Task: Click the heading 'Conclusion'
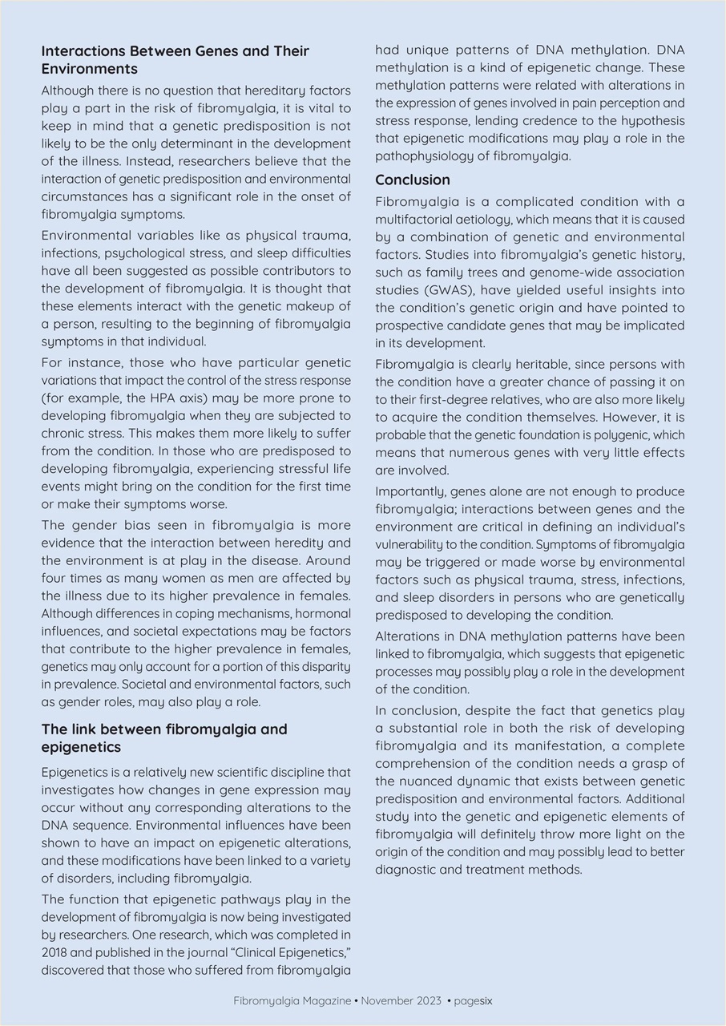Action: point(413,180)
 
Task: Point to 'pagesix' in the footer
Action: point(473,1000)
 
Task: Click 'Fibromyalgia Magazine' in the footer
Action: point(292,1000)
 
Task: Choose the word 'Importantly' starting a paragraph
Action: point(410,491)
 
